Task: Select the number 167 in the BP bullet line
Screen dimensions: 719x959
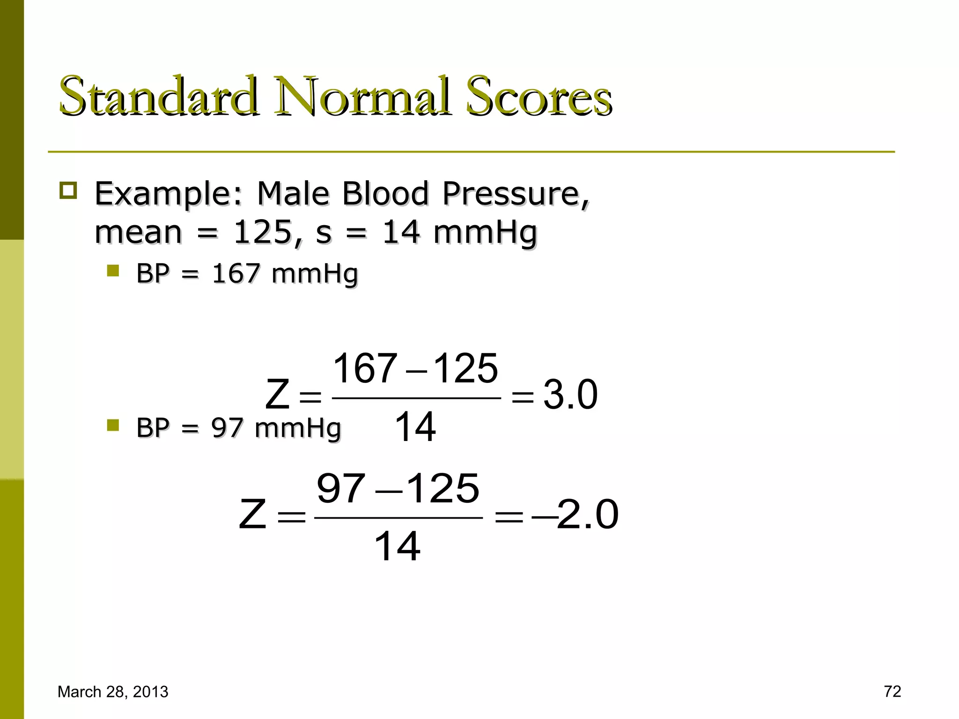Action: click(236, 273)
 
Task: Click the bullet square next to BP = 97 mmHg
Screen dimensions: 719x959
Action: click(113, 425)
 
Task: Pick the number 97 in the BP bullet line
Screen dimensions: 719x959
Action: click(227, 428)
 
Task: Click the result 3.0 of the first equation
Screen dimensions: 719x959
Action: click(570, 395)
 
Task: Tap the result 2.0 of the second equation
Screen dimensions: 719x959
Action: click(588, 514)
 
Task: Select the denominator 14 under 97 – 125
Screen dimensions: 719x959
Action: click(398, 546)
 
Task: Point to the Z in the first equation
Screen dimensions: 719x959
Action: click(277, 395)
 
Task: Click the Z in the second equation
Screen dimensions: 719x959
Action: click(253, 514)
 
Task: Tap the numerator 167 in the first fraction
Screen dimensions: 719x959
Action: click(365, 368)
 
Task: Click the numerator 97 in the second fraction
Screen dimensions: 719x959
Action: click(340, 488)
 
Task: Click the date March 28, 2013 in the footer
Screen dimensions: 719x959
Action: click(113, 691)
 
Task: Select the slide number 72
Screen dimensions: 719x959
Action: click(893, 691)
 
